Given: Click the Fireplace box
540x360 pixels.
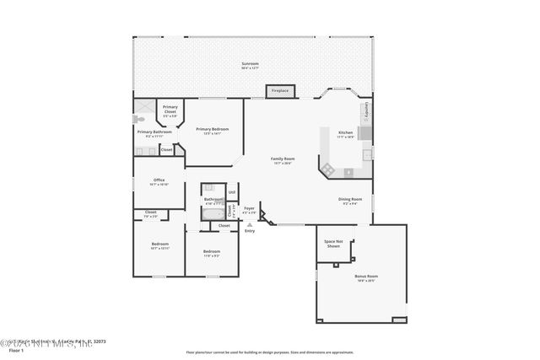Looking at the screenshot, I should [278, 91].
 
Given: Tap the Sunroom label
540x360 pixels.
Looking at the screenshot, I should [250, 64].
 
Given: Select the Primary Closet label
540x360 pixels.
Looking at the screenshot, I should [170, 108].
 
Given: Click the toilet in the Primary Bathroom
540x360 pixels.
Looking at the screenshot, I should [139, 120].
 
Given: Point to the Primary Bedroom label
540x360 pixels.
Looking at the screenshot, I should [212, 130].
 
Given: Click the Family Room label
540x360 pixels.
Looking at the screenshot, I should [283, 159].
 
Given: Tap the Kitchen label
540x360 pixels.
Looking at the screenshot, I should [346, 133].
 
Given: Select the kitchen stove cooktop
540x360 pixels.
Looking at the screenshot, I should [364, 133].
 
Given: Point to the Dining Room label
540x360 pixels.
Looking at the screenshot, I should [350, 200].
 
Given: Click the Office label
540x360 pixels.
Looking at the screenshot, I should [159, 180].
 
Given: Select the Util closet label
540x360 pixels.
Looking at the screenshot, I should [231, 193].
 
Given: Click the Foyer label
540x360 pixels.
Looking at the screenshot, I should [249, 208].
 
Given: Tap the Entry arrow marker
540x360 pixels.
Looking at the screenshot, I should [249, 223].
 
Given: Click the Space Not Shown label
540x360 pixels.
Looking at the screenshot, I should [333, 244].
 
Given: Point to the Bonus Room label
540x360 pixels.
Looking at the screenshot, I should [366, 277].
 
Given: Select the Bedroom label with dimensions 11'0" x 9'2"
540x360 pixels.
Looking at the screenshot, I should [211, 252].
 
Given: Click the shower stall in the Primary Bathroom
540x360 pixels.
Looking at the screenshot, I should [143, 105].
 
